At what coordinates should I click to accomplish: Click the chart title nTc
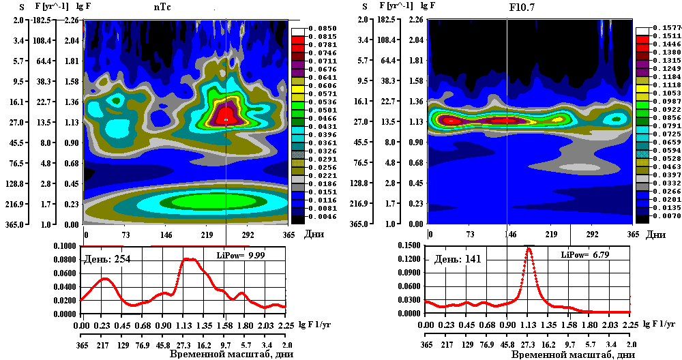pyautogui.click(x=162, y=7)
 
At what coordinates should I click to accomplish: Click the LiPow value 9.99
pyautogui.click(x=255, y=254)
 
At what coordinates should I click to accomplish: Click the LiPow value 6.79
pyautogui.click(x=600, y=254)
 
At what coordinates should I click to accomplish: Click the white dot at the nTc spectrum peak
pyautogui.click(x=226, y=120)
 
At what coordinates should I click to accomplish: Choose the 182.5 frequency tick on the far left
pyautogui.click(x=44, y=20)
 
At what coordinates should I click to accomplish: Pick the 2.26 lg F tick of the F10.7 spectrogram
pyautogui.click(x=415, y=20)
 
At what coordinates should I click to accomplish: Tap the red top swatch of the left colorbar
pyautogui.click(x=298, y=40)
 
